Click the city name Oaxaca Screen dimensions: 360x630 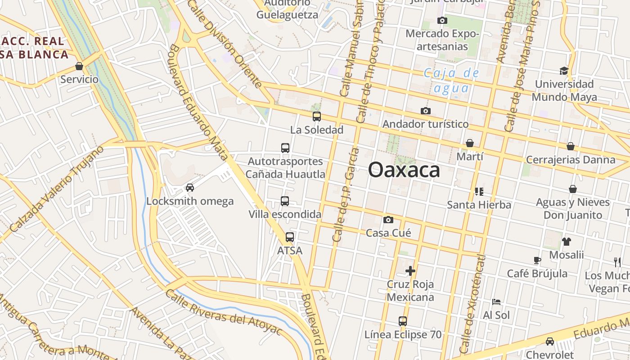coord(404,170)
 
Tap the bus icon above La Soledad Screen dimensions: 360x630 coord(317,117)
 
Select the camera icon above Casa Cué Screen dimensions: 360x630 coord(388,220)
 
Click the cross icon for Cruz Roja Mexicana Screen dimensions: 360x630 coord(410,271)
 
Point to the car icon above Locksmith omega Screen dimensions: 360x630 coord(190,188)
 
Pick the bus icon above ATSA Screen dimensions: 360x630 coord(290,237)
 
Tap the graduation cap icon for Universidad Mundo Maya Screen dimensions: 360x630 coord(564,71)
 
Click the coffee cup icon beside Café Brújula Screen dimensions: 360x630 coord(537,260)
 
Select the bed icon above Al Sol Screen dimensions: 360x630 coord(496,301)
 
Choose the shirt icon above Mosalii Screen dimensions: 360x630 coord(566,241)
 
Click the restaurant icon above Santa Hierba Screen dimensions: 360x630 coord(479,192)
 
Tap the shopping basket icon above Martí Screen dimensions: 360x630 coord(470,143)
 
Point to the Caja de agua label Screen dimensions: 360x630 coord(451,80)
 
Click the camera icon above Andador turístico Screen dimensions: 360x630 coord(425,111)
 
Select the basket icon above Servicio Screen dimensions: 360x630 coord(79,66)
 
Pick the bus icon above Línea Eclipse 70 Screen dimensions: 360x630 coord(403,321)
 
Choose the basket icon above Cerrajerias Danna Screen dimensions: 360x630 coord(571,146)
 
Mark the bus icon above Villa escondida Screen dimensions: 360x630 coord(285,201)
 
